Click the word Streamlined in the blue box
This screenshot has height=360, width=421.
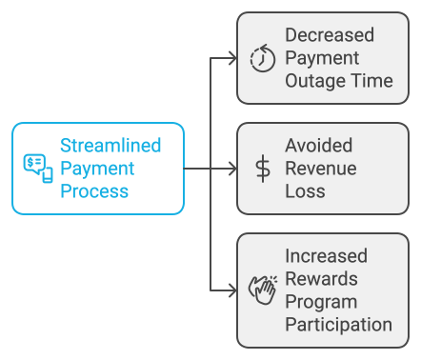tap(110, 146)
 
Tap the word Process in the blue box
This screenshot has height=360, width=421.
tap(94, 191)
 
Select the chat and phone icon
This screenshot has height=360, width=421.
tap(38, 168)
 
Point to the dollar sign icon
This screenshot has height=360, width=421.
tap(262, 169)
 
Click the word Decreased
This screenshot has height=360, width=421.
tap(330, 35)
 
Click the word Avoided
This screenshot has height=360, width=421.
tap(318, 146)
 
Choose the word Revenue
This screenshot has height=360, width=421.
tap(322, 169)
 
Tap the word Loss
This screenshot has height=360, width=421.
tap(305, 191)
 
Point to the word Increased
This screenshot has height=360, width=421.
tap(326, 255)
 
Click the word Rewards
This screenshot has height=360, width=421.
tap(321, 278)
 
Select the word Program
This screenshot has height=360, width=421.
tap(321, 301)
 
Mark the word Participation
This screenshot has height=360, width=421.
tap(338, 324)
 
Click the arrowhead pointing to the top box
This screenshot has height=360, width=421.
tap(231, 57)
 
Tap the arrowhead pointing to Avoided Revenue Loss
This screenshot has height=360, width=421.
tap(231, 169)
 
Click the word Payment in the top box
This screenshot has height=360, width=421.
tap(321, 58)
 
